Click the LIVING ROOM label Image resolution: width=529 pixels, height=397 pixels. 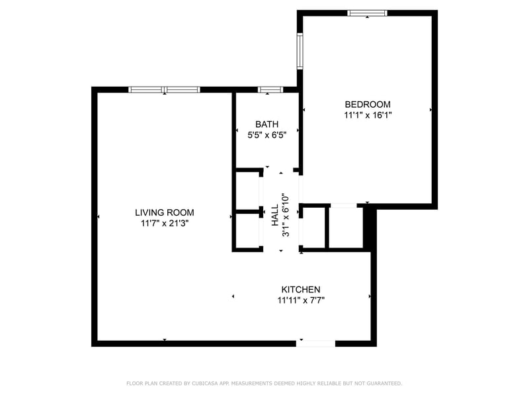point(165,212)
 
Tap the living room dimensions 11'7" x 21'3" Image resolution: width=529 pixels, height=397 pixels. point(165,224)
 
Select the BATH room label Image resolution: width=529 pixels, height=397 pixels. point(267,124)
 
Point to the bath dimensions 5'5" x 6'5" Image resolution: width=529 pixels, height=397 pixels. point(267,134)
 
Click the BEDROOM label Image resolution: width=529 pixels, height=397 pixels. point(368,104)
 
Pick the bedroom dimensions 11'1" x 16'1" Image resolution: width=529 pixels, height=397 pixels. point(368,114)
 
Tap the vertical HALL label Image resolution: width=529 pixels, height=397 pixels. point(275,215)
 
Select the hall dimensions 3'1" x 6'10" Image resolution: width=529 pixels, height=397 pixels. point(286,215)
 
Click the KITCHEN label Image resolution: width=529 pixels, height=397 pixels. point(301,289)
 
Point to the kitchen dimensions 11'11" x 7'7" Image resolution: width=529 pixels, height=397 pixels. point(301,300)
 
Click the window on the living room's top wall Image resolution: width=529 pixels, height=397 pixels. point(164,89)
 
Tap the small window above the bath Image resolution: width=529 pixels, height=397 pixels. point(269,89)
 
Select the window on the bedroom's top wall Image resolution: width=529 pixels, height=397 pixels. point(368,13)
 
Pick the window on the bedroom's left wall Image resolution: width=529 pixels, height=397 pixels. point(300,52)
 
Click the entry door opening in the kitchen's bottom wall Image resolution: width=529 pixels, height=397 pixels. point(315,343)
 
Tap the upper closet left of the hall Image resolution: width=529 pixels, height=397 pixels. point(247,191)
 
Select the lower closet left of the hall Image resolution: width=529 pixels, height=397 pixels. point(247,230)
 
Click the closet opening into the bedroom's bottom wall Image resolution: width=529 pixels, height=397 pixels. point(343,227)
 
